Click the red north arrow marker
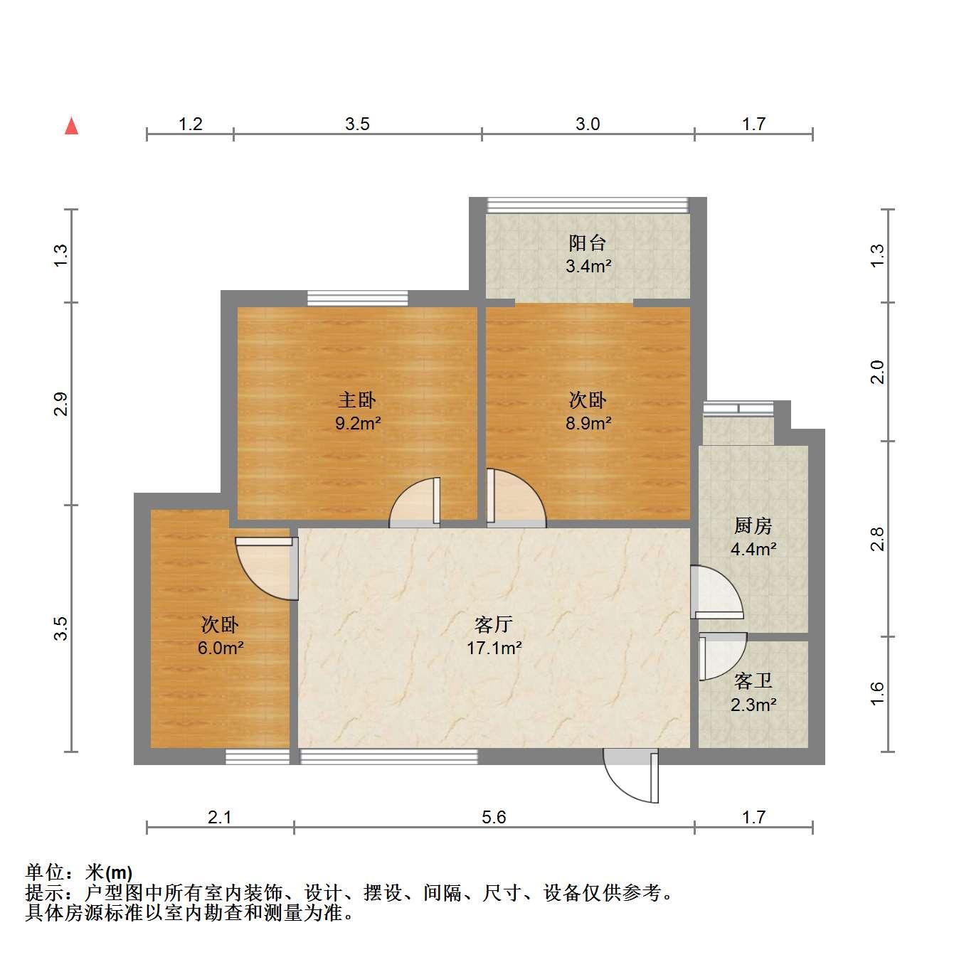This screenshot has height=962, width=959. pos(71,126)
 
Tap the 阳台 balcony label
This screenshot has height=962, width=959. pos(588,243)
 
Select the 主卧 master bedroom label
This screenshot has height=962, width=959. pos(357,400)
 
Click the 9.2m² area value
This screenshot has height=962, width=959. pos(358,423)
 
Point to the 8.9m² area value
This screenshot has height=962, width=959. pos(588,423)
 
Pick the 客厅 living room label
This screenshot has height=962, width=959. pos(494,624)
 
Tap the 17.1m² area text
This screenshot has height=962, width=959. pos(494,648)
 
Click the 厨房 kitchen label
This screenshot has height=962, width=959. pos(753,525)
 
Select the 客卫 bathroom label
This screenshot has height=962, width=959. pos(753,681)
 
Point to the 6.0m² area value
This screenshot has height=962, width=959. pos(221,648)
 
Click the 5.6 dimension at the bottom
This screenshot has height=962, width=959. pos(494,817)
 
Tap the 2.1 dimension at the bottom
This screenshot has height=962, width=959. pos(219,817)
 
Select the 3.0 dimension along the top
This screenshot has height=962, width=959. pos(588,124)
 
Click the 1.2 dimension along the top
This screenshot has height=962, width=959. pos(191,124)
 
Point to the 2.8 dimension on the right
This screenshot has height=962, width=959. pos(878,539)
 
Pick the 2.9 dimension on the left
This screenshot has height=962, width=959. pos(60,404)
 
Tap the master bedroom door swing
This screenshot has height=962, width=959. pos(415,502)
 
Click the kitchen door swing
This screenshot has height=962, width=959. pos(717,592)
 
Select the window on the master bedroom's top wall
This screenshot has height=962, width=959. pos(357,298)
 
